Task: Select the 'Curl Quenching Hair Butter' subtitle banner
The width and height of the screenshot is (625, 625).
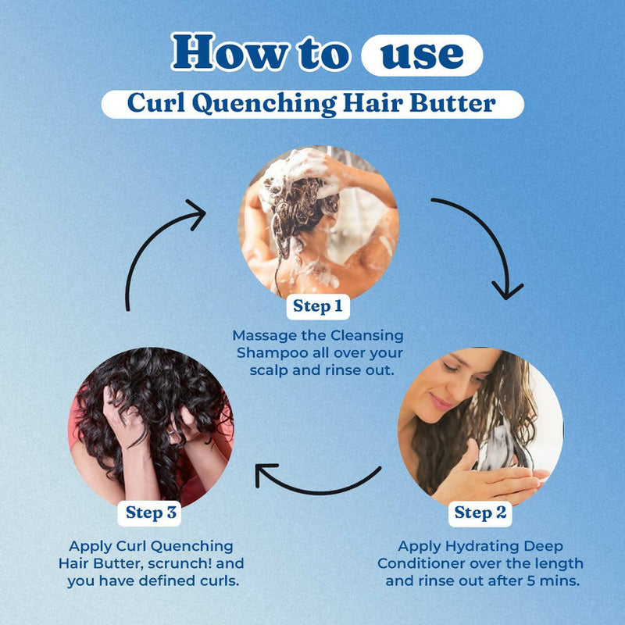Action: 312,103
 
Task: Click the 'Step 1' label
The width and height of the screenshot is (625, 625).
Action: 317,306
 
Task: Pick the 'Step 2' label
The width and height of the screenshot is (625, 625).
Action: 480,512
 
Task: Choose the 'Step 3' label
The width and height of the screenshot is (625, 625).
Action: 152,512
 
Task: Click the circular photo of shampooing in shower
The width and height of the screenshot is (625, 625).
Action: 318,223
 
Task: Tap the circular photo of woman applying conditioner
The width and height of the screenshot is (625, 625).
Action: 480,426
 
